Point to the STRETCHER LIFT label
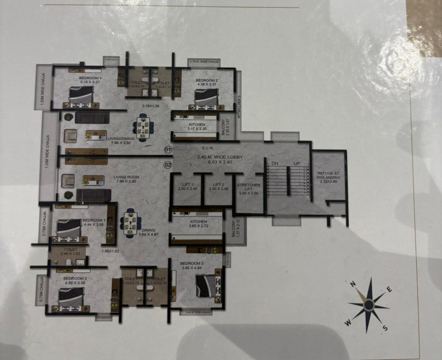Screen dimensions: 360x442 click(x=248, y=188)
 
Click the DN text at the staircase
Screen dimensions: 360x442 click(x=275, y=163)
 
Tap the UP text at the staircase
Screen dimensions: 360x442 click(x=295, y=163)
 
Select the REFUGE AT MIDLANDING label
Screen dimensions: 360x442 click(x=328, y=175)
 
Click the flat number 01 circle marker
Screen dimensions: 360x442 click(x=168, y=148)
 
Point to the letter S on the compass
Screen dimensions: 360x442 click(x=384, y=328)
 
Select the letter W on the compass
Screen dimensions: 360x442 click(x=347, y=322)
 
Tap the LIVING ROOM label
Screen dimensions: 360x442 click(x=126, y=177)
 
